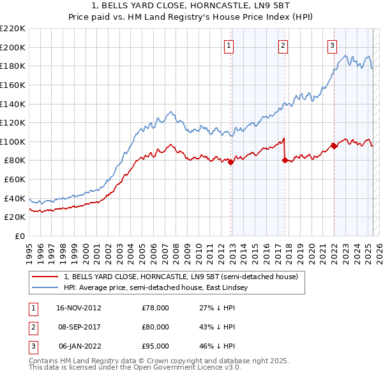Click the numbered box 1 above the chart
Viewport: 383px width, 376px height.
229,45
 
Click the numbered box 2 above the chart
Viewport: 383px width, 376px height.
283,45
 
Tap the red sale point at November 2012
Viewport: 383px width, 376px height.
231,162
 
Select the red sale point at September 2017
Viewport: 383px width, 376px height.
285,161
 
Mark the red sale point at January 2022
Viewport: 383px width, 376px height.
334,146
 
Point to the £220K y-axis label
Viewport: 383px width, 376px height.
13,29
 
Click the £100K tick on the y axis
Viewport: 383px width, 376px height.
13,141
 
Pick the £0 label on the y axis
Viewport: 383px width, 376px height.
19,236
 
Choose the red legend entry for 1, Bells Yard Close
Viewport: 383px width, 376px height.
181,277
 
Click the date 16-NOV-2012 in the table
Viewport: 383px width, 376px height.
79,308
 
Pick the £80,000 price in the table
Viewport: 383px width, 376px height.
155,327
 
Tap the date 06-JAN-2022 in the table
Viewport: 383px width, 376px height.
79,346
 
